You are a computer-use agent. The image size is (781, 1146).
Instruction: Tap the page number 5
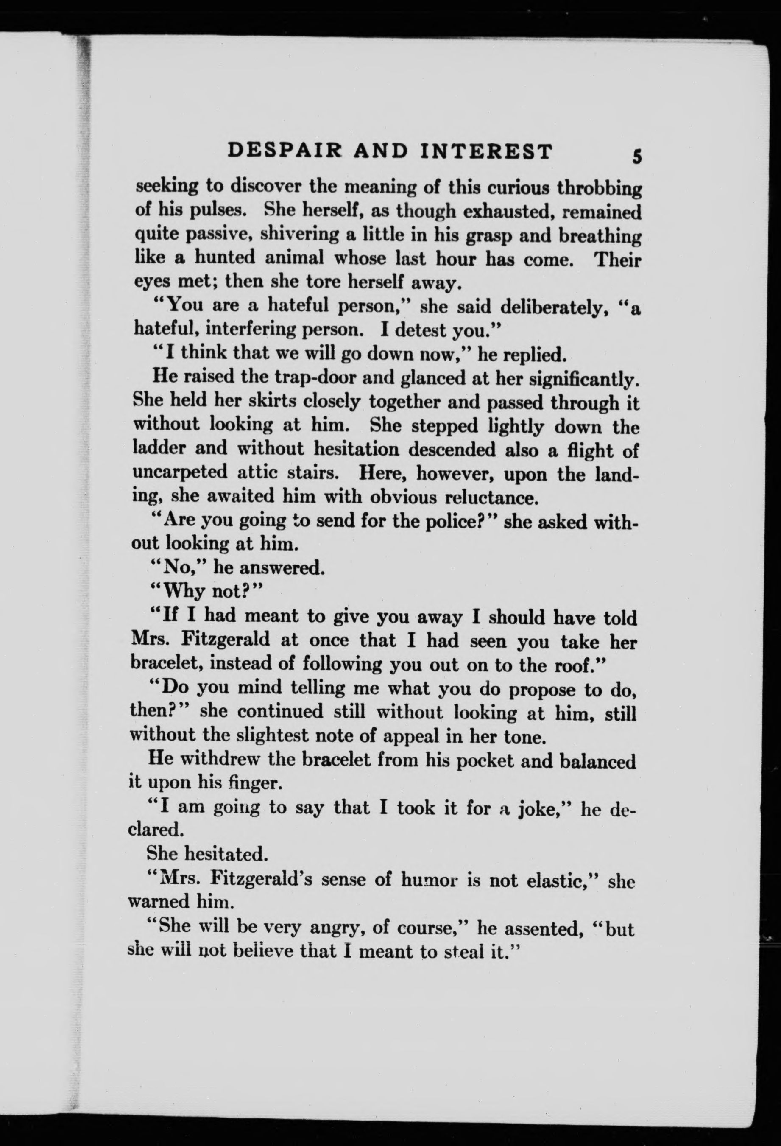pyautogui.click(x=637, y=157)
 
